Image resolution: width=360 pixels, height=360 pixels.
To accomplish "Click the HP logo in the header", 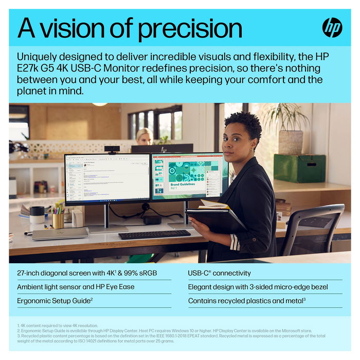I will [x=332, y=27].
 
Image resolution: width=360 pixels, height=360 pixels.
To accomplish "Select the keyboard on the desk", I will [x=154, y=234].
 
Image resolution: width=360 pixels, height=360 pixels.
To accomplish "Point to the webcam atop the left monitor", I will [x=112, y=149].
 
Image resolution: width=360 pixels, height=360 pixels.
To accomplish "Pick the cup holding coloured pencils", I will [x=58, y=220].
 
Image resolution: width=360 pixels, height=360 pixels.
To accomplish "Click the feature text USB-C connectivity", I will [x=220, y=273].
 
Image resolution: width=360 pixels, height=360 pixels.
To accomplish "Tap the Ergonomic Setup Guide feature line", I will [x=55, y=300].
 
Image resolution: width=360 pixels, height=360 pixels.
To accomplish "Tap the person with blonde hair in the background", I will [x=144, y=136].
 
